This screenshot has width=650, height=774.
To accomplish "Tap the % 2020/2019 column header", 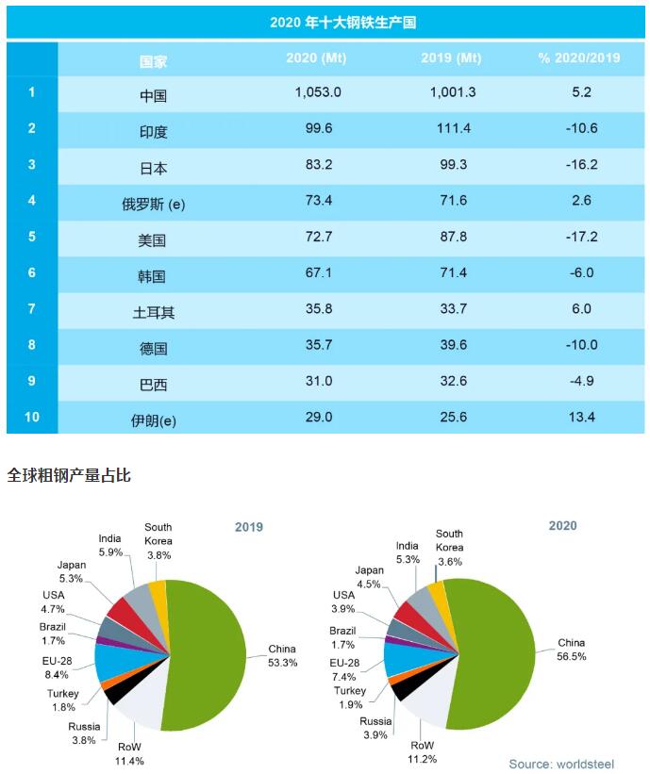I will tap(578, 58).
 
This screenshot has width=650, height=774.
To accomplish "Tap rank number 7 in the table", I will tap(31, 308).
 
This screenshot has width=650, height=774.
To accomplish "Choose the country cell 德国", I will tap(153, 346).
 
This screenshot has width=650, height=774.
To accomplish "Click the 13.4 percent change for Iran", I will tap(578, 417).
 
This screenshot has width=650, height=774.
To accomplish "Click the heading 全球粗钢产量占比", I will tap(69, 475).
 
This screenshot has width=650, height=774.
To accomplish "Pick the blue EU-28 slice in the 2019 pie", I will tap(111, 661).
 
